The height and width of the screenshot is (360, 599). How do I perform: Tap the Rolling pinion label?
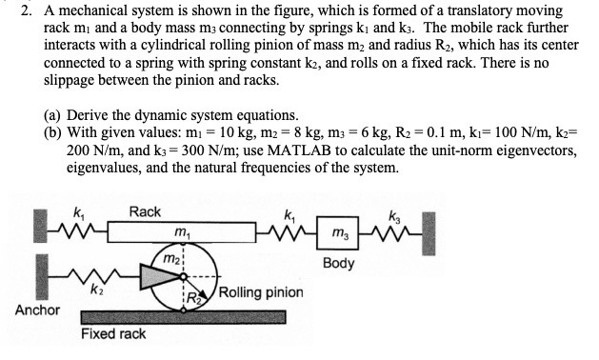(x=262, y=292)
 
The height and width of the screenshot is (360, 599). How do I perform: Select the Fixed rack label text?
(x=113, y=333)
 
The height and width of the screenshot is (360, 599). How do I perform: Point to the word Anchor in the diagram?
(x=38, y=310)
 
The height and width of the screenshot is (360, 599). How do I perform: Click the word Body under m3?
(x=338, y=262)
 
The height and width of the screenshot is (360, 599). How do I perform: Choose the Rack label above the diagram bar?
(x=145, y=211)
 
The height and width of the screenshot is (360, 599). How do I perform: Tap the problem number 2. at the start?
(x=25, y=10)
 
